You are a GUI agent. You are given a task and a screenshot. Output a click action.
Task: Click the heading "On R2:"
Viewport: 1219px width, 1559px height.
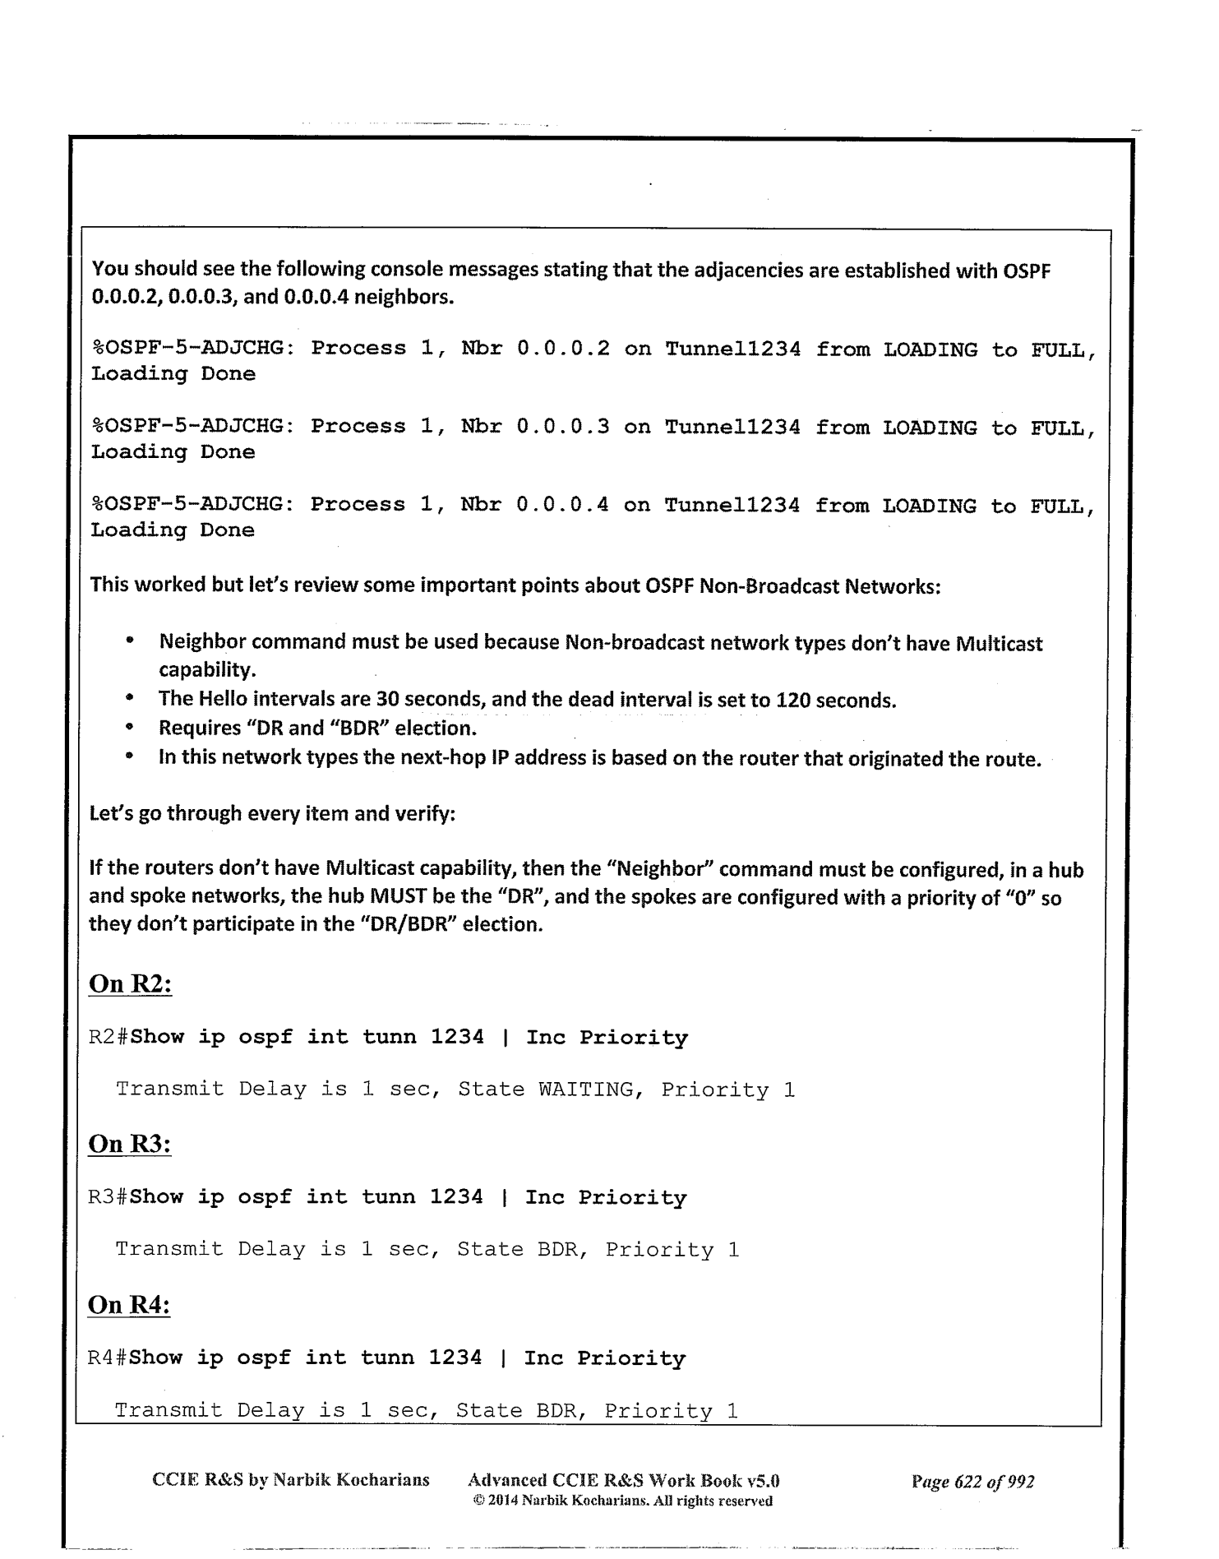(x=130, y=983)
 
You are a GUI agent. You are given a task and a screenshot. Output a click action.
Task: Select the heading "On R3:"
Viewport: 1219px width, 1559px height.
(x=129, y=1144)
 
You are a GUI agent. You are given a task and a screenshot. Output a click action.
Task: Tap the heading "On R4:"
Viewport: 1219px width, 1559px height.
(x=128, y=1305)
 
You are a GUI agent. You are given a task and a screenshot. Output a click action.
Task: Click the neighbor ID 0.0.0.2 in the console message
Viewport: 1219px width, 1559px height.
(x=563, y=349)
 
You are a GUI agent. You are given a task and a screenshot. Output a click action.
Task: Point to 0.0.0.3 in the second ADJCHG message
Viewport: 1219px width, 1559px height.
(x=563, y=427)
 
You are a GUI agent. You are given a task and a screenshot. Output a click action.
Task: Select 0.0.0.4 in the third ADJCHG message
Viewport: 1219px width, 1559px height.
(x=563, y=505)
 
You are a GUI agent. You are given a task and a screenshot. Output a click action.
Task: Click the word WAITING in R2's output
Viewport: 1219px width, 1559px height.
(x=586, y=1089)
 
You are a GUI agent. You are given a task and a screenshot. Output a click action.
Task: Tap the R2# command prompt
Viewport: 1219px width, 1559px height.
(x=109, y=1037)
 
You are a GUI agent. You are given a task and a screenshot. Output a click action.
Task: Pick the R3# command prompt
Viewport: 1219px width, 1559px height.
(x=109, y=1197)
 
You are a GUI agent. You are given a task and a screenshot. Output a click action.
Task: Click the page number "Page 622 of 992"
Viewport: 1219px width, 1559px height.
(x=972, y=1482)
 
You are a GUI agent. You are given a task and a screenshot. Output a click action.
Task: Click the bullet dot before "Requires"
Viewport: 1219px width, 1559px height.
(x=130, y=729)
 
